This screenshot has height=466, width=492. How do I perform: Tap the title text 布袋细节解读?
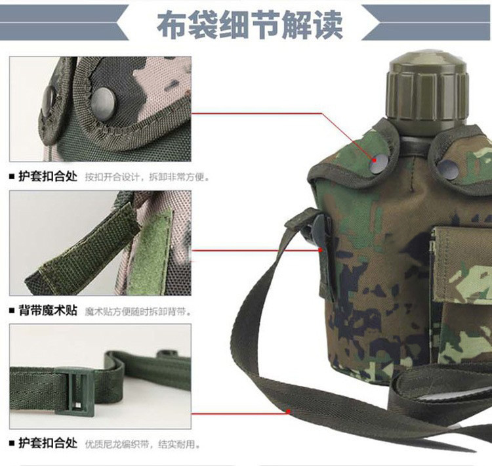pos(250,25)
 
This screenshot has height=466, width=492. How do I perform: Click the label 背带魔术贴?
pos(48,310)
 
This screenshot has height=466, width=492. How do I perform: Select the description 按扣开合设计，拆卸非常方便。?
pos(147,177)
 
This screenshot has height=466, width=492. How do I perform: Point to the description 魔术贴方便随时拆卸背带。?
pos(138,312)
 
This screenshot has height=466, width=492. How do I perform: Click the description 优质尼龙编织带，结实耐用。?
pos(142,444)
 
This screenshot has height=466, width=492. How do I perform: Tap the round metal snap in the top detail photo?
pos(103,104)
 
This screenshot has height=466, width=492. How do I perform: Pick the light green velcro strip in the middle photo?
pos(150,254)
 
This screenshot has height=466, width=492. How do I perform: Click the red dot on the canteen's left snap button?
pos(374,160)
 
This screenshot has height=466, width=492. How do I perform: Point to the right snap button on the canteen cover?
pos(448,170)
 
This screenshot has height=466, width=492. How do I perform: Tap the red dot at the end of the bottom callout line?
pos(289,412)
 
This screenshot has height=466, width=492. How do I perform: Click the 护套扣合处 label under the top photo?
pos(48,176)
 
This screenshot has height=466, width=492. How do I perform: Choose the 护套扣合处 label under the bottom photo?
pos(48,443)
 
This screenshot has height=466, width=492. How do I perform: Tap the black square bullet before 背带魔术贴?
pos(12,310)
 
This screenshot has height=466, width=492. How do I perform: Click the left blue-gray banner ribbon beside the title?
pos(64,22)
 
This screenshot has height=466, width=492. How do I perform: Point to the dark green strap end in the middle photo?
pos(82,251)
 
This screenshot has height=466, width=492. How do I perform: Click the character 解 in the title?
pos(297,25)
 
